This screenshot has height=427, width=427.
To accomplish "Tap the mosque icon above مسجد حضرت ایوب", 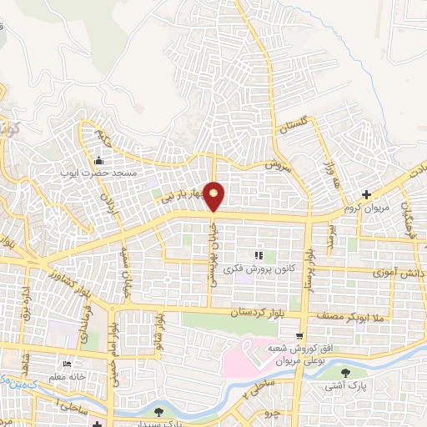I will pyautogui.click(x=99, y=161).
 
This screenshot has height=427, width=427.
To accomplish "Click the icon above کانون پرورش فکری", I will pyautogui.click(x=259, y=254).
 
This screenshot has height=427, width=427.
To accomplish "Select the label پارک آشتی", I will pyautogui.click(x=347, y=386).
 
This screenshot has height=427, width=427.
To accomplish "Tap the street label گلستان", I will pyautogui.click(x=295, y=126).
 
